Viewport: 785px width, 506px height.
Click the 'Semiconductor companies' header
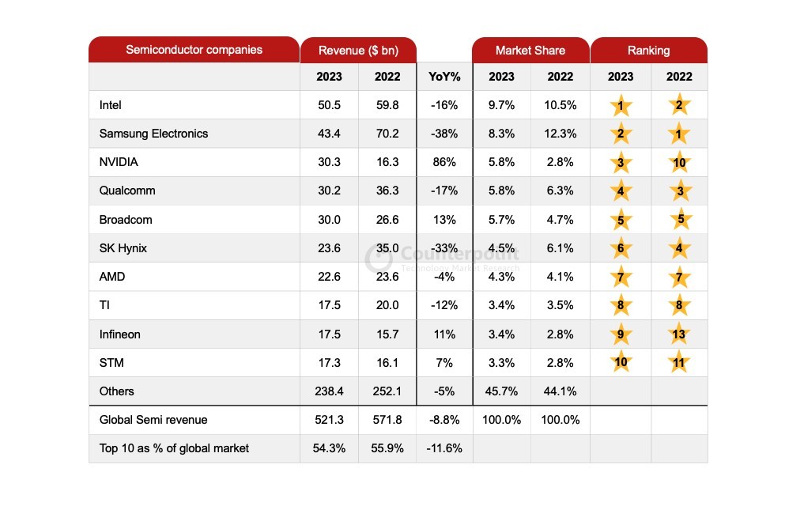click(194, 50)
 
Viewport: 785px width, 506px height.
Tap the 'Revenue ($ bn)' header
click(357, 51)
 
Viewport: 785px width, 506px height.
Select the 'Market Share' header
click(530, 51)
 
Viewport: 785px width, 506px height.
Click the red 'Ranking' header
click(648, 51)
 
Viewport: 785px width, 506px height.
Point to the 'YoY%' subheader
click(444, 77)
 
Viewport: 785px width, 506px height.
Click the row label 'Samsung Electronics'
click(153, 134)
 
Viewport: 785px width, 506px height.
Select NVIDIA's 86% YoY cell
click(444, 162)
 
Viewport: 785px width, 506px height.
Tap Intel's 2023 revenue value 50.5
click(329, 105)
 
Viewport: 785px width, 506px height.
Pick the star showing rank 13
click(679, 334)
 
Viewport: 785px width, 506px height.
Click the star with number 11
click(679, 363)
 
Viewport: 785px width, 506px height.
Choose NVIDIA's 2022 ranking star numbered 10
click(679, 163)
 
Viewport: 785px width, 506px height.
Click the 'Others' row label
click(117, 391)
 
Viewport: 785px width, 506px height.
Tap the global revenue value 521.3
click(329, 420)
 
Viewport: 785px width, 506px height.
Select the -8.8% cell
click(444, 420)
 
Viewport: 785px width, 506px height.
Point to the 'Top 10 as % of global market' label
click(174, 448)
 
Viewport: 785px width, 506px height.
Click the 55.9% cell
click(387, 448)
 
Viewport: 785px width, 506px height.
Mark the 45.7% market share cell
click(501, 391)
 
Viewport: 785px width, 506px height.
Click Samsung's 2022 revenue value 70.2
click(387, 134)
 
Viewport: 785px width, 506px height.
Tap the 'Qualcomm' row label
click(127, 191)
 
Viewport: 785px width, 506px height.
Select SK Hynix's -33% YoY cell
click(444, 248)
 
